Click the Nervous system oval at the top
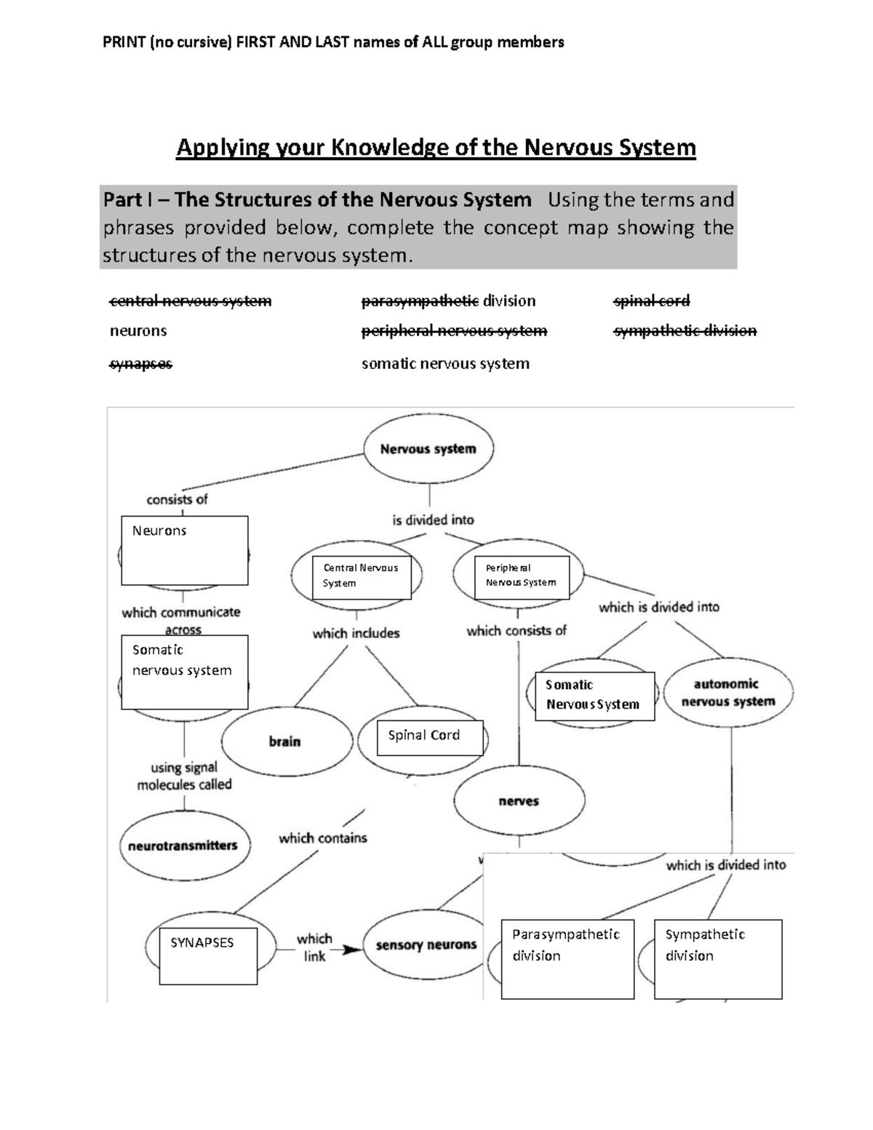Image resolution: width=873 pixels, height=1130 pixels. tap(428, 449)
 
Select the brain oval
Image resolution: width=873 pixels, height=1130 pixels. tap(284, 741)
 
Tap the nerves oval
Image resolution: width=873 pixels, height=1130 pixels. tap(519, 801)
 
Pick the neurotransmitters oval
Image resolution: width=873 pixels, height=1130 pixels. tap(183, 845)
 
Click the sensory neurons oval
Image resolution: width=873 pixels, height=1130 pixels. tap(426, 944)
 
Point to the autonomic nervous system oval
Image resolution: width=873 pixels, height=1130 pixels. tap(728, 693)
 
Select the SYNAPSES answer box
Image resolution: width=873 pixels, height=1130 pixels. tap(208, 955)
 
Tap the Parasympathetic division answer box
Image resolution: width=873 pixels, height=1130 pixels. tap(567, 959)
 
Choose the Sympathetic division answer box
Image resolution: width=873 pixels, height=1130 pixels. tap(718, 959)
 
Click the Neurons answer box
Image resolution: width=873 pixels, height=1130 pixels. tap(185, 550)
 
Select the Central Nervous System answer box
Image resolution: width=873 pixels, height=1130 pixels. tap(362, 578)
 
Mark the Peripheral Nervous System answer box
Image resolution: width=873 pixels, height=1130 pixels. tap(522, 578)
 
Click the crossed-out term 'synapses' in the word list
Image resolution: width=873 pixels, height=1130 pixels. tap(141, 364)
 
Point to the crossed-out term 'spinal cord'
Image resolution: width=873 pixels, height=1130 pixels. tap(652, 301)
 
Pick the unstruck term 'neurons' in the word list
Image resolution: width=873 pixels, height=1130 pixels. tap(138, 331)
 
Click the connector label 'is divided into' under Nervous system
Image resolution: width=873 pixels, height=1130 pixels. tap(433, 520)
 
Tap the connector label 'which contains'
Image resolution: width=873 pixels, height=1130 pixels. tap(323, 838)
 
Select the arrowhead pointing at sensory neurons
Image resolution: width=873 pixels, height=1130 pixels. tap(353, 950)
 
